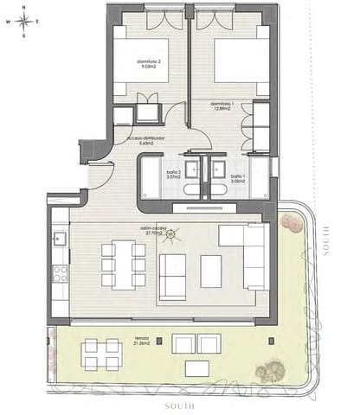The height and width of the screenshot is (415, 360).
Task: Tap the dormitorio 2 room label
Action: coord(150,66)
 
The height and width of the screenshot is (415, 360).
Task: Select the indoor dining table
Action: coord(124,265)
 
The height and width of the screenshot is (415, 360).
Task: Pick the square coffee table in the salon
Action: coord(211,271)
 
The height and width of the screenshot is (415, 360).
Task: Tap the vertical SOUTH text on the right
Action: coord(327,241)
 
